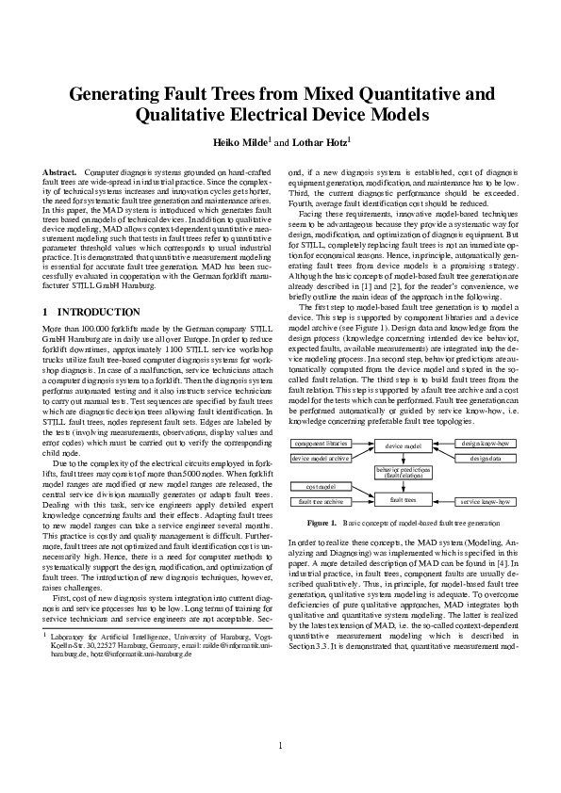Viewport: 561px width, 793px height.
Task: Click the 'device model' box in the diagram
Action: [x=403, y=445]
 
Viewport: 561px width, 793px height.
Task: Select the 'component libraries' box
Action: [x=322, y=442]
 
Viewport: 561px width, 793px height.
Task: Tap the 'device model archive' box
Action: [x=322, y=458]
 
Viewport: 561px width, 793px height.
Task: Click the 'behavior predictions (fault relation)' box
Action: [x=403, y=472]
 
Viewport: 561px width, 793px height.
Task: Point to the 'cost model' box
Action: [x=322, y=487]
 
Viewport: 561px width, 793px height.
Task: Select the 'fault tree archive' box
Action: [x=322, y=502]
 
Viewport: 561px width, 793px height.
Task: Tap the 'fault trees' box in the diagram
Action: [x=403, y=499]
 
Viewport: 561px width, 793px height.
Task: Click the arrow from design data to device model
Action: [x=443, y=458]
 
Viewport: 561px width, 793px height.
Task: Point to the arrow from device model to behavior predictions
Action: [x=403, y=459]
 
